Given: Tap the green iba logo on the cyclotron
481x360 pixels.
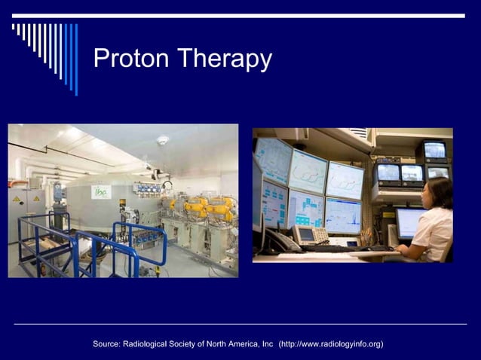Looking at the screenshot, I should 101,192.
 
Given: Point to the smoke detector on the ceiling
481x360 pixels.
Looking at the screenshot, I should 162,140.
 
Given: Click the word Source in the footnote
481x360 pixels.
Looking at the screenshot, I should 108,344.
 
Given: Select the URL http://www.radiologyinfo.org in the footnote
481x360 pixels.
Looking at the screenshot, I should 331,344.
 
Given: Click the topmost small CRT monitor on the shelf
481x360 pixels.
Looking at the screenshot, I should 434,149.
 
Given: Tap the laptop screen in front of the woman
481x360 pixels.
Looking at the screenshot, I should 410,223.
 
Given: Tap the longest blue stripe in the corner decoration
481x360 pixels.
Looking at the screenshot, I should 75,59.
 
